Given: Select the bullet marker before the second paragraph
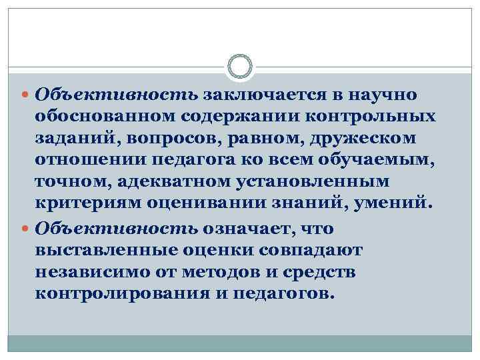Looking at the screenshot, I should (27, 229).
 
